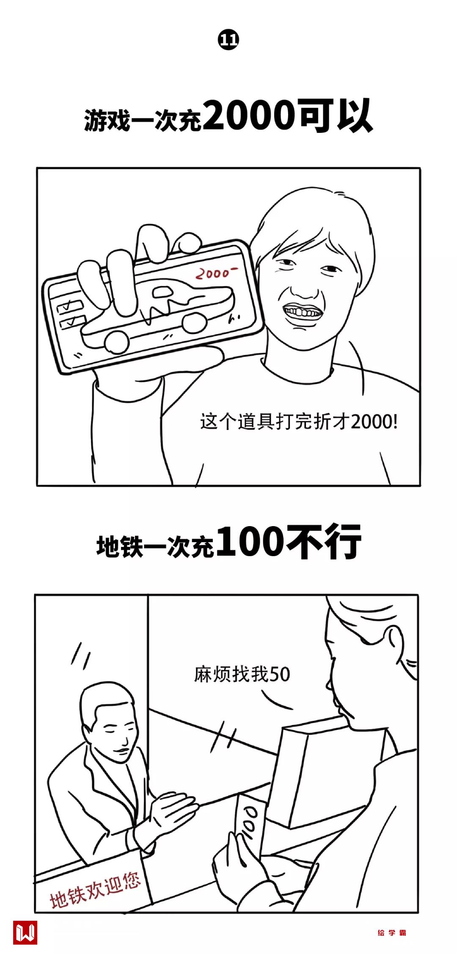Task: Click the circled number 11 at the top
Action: (228, 40)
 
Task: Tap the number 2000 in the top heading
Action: (248, 115)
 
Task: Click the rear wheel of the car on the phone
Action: (194, 321)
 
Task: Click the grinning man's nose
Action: (304, 284)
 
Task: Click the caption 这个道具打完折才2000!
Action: (299, 422)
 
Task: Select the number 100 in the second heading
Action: (250, 542)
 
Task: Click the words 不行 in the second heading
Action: (324, 542)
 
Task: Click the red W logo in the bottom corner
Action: (25, 932)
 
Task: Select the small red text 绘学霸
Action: (392, 932)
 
